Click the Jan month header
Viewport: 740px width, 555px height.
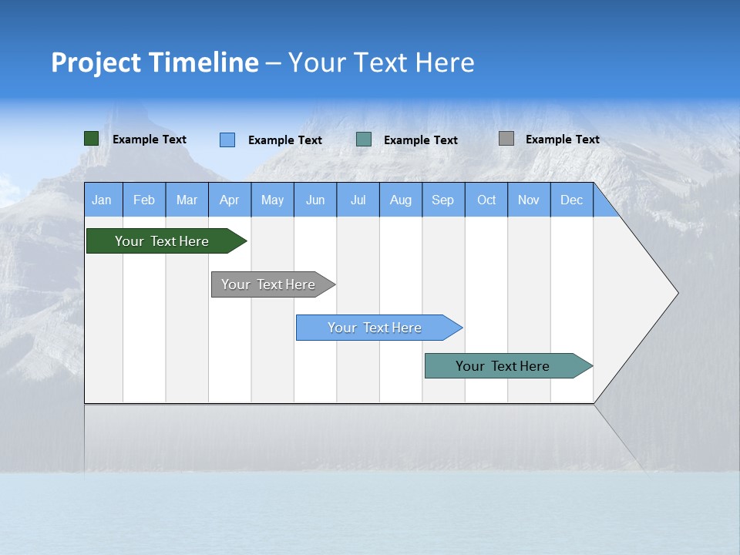102,200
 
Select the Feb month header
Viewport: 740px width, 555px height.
144,200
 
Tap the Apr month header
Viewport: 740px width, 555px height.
229,200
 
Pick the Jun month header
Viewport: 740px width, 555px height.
315,200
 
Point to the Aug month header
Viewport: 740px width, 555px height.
401,200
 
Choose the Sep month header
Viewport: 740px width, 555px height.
442,200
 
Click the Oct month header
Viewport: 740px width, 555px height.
486,200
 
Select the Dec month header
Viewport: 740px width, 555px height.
571,200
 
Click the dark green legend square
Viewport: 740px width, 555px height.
92,139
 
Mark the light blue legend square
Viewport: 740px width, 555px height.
227,140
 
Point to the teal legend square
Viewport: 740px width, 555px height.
364,140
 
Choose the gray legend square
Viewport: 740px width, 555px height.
506,139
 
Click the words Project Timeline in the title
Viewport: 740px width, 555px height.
155,62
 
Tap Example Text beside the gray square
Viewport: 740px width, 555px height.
562,140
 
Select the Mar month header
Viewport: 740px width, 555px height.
187,200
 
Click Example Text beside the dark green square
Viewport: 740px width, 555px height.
150,140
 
